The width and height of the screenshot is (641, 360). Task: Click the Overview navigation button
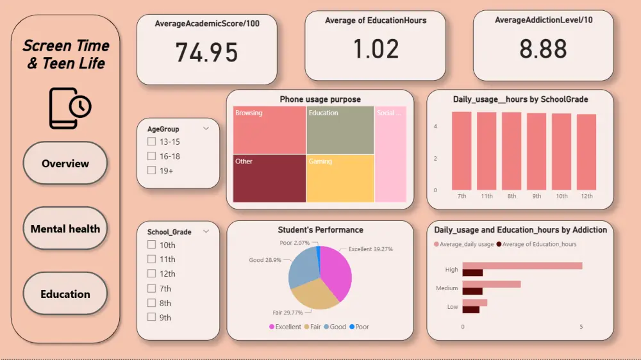[65, 163]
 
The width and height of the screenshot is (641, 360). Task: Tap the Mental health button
[65, 229]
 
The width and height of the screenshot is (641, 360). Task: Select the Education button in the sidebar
[65, 294]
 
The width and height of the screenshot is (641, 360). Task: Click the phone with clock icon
[70, 108]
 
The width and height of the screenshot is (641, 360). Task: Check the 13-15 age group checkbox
[152, 142]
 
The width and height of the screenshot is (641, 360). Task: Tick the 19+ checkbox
[152, 170]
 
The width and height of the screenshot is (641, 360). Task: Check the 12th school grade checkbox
[152, 274]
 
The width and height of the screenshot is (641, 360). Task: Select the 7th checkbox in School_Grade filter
[152, 288]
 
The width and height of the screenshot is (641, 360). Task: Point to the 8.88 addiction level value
[543, 49]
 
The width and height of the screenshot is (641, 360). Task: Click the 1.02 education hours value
[376, 49]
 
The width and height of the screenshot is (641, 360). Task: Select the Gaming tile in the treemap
[340, 178]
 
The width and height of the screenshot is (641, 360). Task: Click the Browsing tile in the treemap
[269, 130]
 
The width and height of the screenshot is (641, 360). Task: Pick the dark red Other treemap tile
[269, 178]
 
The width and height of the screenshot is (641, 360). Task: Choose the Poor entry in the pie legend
[359, 327]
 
